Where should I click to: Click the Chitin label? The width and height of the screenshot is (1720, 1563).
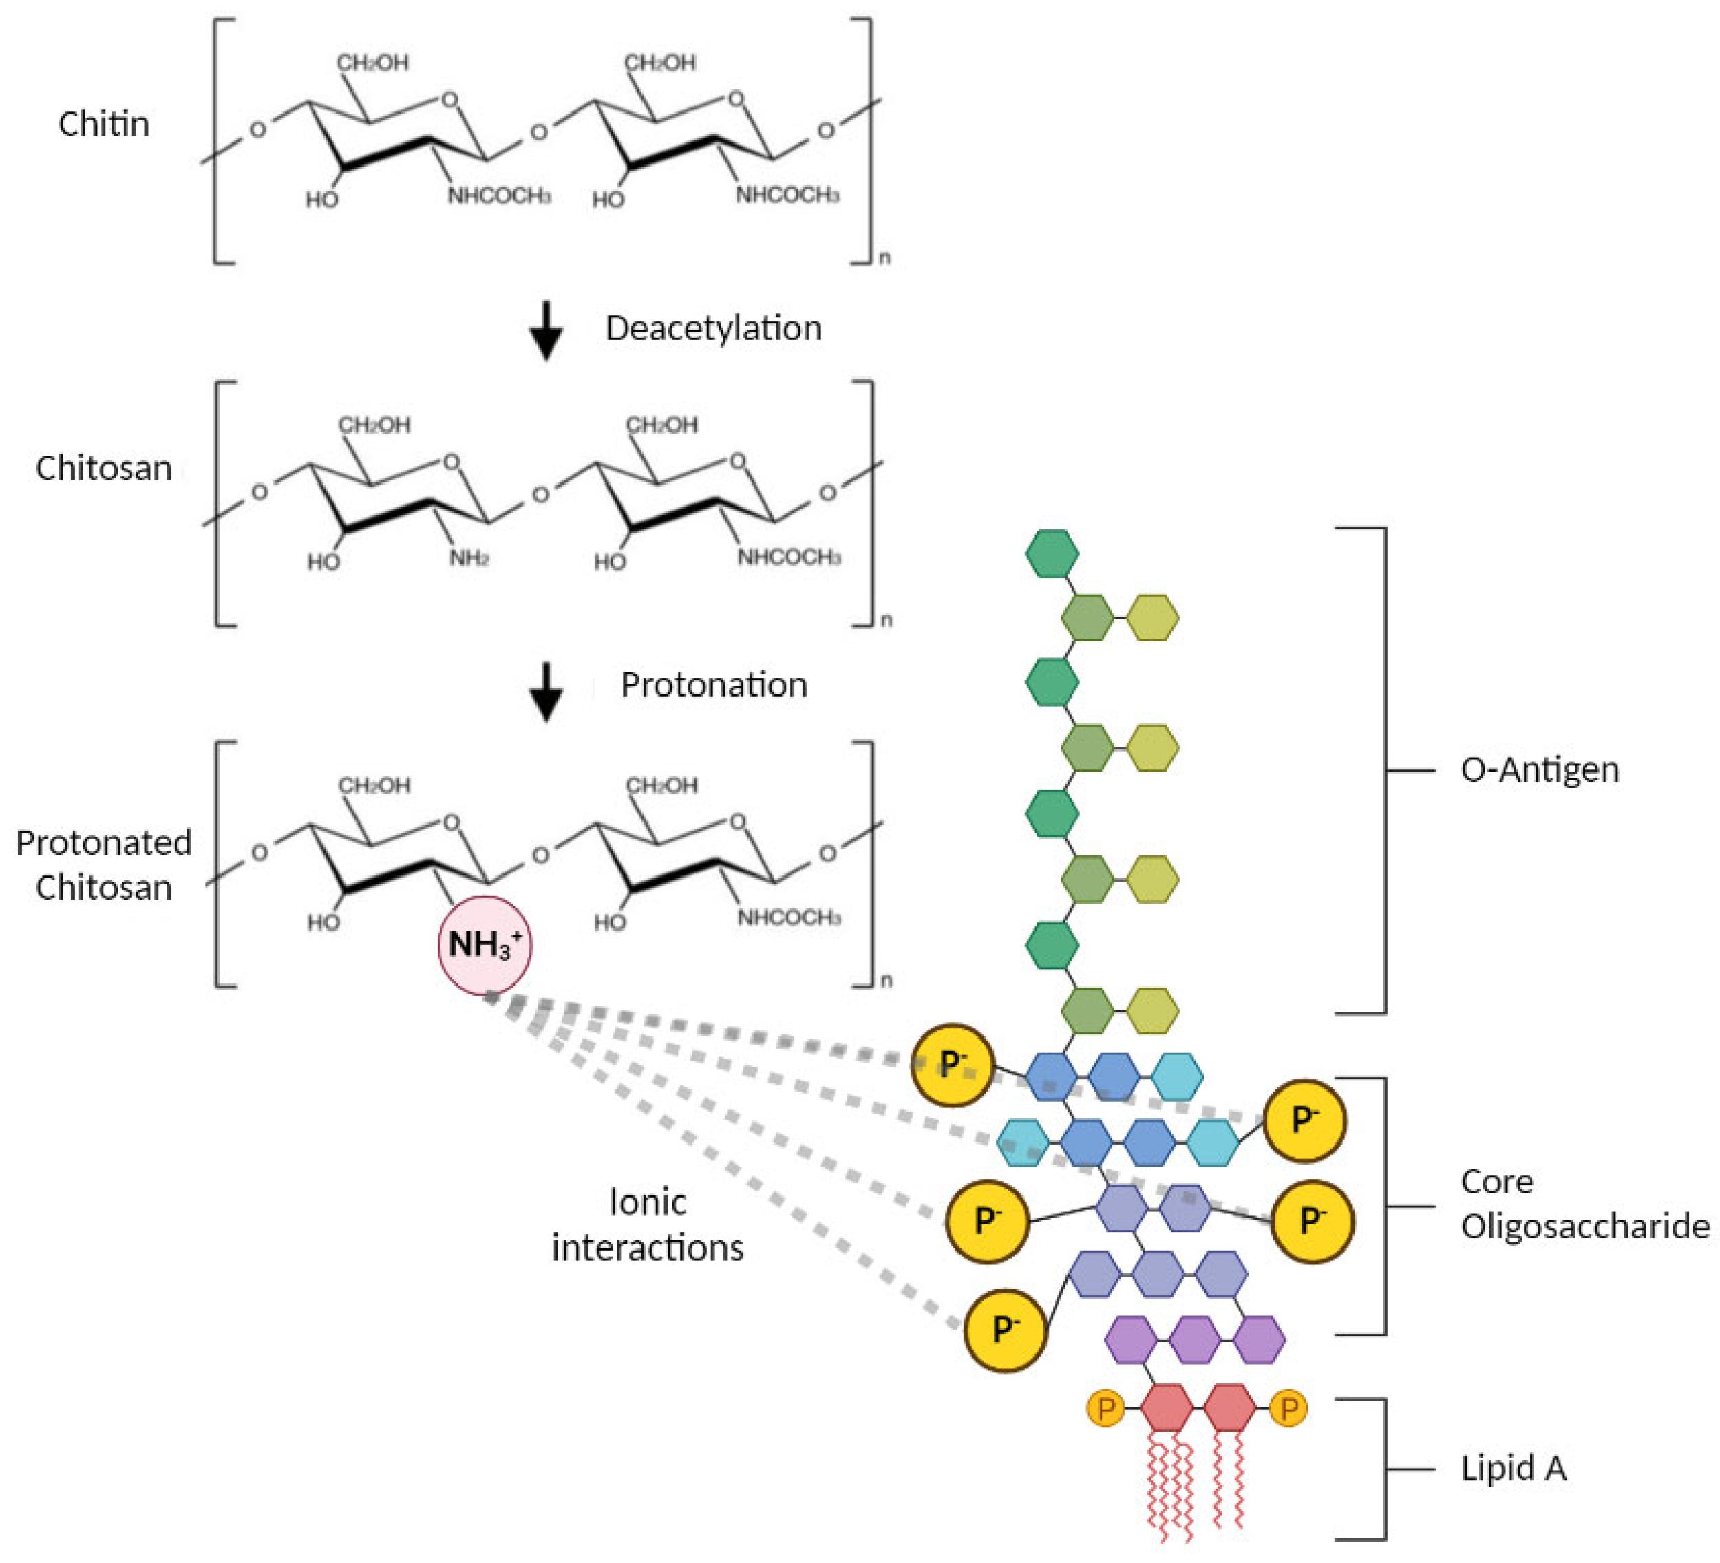pyautogui.click(x=103, y=125)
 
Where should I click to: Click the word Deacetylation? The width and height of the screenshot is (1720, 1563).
pyautogui.click(x=713, y=328)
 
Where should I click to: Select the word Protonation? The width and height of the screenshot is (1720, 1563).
pyautogui.click(x=713, y=685)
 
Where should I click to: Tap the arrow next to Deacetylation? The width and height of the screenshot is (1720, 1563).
pyautogui.click(x=546, y=331)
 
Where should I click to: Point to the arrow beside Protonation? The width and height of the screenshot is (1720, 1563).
pyautogui.click(x=546, y=691)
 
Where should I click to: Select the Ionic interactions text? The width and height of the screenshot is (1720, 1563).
pyautogui.click(x=648, y=1225)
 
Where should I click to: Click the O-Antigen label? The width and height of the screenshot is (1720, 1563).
pyautogui.click(x=1539, y=769)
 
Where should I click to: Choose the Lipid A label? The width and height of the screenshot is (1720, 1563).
pyautogui.click(x=1513, y=1468)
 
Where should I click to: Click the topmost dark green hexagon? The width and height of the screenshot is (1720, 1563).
pyautogui.click(x=1051, y=554)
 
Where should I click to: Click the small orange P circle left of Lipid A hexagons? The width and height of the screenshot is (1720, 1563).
pyautogui.click(x=1105, y=1409)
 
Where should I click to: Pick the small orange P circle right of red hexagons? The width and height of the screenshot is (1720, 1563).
pyautogui.click(x=1288, y=1409)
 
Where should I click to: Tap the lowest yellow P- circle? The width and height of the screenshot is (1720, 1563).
pyautogui.click(x=1004, y=1331)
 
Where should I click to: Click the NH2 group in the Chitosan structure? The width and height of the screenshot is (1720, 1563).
pyautogui.click(x=469, y=559)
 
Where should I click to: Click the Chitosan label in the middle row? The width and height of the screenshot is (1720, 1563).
pyautogui.click(x=103, y=469)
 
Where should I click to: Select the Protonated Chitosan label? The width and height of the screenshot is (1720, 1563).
pyautogui.click(x=103, y=865)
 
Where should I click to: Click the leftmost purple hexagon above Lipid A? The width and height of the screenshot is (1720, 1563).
pyautogui.click(x=1130, y=1340)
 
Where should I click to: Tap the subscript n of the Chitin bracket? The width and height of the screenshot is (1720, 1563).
pyautogui.click(x=884, y=257)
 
